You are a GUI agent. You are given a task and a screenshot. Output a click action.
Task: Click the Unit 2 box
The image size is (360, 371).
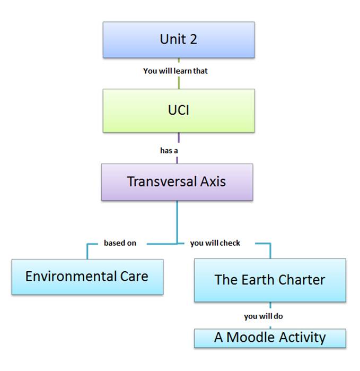(179, 40)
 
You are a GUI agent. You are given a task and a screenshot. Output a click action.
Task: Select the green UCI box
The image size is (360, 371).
(179, 111)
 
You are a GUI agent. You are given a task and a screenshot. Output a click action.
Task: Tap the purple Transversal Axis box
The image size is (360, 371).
(177, 182)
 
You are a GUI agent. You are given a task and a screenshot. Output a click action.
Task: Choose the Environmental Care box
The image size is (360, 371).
(87, 277)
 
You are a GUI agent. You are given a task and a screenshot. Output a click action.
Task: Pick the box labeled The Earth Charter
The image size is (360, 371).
(270, 280)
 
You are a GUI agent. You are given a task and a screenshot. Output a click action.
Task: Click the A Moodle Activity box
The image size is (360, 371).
(270, 338)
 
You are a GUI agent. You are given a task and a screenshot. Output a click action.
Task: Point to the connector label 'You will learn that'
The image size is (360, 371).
(175, 71)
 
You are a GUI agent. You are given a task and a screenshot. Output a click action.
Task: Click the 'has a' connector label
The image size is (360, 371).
(169, 151)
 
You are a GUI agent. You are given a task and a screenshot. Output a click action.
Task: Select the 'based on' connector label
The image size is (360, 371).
(120, 243)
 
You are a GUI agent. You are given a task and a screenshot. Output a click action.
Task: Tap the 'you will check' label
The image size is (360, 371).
(215, 243)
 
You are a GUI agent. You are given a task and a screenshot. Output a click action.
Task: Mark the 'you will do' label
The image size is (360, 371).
(264, 316)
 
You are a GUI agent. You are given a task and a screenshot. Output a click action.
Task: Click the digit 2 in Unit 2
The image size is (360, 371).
(194, 39)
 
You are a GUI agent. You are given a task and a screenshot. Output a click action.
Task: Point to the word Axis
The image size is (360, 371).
(213, 182)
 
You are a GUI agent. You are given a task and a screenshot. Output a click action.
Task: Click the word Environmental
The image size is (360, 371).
(71, 277)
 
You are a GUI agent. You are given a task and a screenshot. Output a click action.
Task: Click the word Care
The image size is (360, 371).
(134, 277)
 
